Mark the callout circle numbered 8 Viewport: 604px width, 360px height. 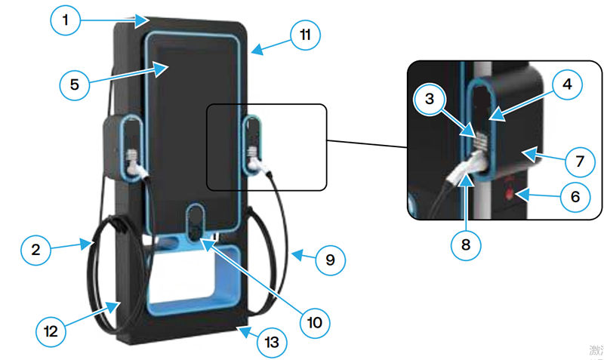465,244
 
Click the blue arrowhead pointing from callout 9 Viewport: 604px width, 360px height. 295,256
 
